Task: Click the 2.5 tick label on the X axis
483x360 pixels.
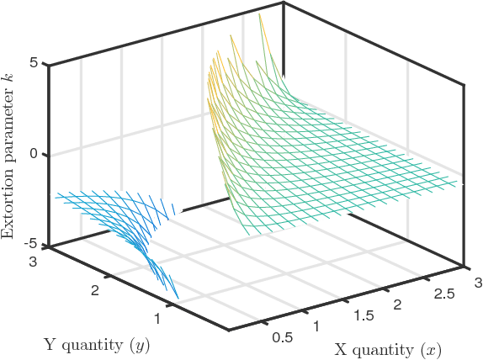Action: pyautogui.click(x=435, y=292)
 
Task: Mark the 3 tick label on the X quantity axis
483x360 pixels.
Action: pyautogui.click(x=477, y=280)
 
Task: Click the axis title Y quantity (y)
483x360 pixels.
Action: pyautogui.click(x=98, y=343)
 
